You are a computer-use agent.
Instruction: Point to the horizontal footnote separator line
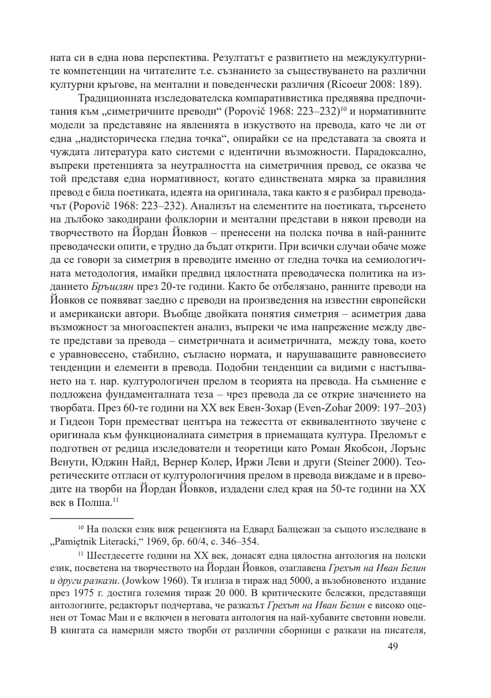pos(91,518)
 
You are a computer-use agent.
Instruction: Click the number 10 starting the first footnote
pos(80,528)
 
